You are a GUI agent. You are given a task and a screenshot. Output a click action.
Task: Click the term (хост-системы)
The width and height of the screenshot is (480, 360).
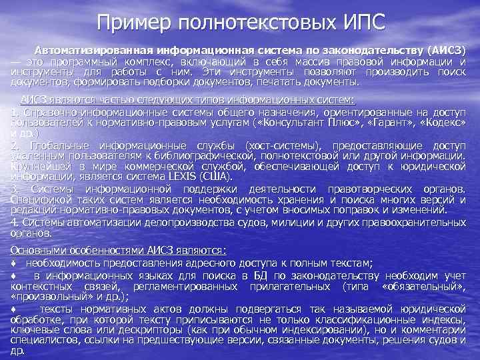pyautogui.click(x=280, y=145)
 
